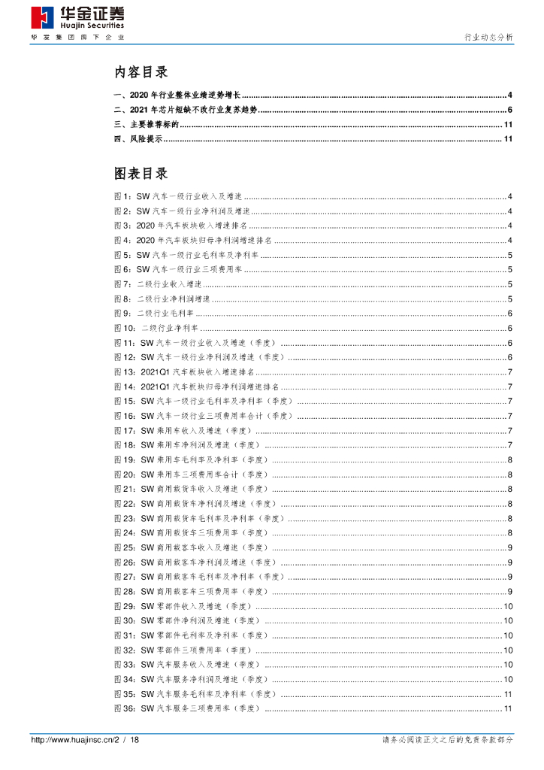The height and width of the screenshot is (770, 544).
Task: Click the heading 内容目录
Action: (x=141, y=73)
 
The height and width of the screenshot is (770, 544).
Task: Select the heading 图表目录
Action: (x=141, y=174)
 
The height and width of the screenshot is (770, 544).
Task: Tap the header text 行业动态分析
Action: (x=488, y=36)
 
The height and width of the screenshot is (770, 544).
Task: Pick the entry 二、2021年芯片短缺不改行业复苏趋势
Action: (x=185, y=110)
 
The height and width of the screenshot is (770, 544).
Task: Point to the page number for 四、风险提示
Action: (x=508, y=139)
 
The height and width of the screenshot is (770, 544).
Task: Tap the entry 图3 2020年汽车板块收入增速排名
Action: (x=180, y=226)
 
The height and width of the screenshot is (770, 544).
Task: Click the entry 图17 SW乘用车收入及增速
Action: (x=183, y=431)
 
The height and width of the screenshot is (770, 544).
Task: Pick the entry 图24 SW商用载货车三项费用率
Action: (x=191, y=533)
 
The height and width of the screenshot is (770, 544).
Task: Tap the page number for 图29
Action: (x=508, y=607)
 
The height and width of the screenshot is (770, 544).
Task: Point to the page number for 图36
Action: (x=508, y=709)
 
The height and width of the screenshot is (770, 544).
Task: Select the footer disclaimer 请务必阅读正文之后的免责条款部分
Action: (x=448, y=741)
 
